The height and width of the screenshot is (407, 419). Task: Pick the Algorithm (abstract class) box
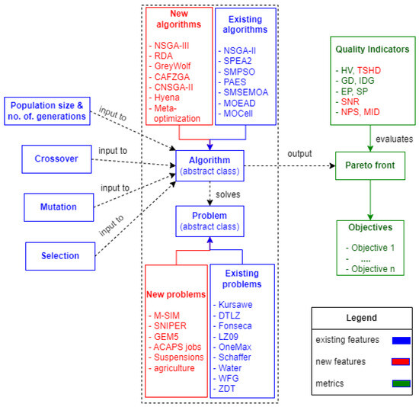coord(207,165)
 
